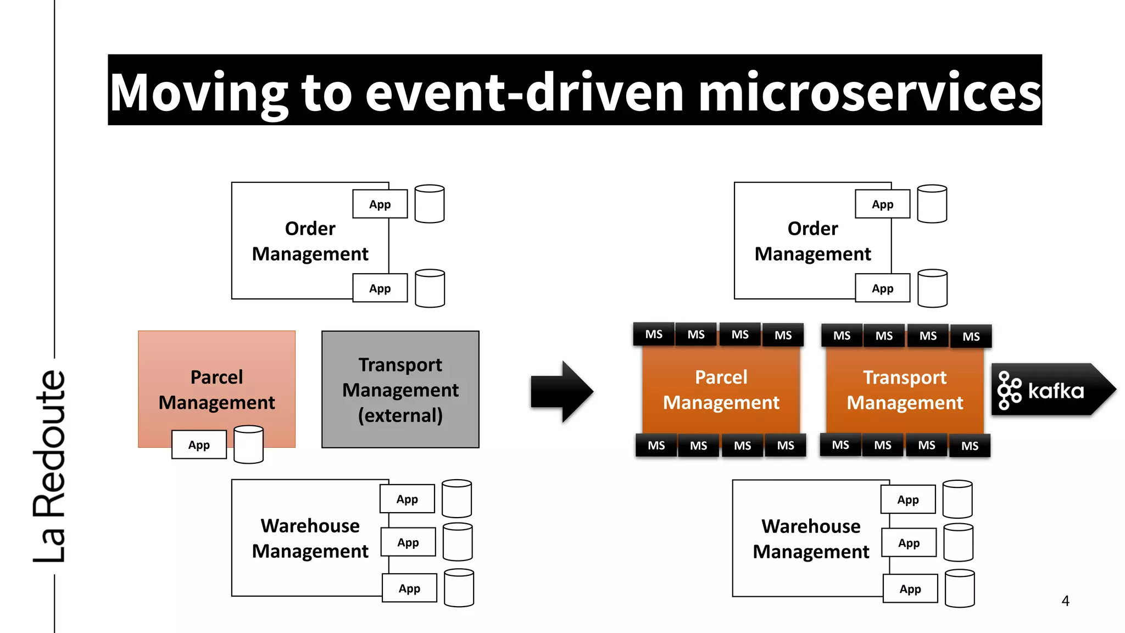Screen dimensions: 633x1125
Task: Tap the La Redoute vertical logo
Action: pos(51,466)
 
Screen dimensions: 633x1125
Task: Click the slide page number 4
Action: pos(1065,601)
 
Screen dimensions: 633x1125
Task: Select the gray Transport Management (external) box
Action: pos(400,390)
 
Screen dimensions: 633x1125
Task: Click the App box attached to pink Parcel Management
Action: pos(199,445)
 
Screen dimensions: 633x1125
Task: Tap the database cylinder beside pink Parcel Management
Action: pos(248,444)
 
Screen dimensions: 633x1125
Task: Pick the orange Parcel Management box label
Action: pos(721,390)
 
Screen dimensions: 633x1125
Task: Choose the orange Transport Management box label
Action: pos(905,390)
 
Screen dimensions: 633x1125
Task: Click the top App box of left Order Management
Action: pos(380,204)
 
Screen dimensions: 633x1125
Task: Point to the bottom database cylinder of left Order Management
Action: pos(430,288)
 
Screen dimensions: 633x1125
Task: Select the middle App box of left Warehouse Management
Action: pos(408,542)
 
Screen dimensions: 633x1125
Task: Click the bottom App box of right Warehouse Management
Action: pos(910,588)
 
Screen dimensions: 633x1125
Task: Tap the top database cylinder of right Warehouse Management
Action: pos(957,499)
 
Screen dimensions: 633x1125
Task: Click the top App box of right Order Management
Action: pos(882,204)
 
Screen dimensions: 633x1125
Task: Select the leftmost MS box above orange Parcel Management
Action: pos(654,334)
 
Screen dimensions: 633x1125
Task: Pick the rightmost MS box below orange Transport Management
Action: pos(970,446)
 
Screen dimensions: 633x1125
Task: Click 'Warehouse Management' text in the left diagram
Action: pos(310,538)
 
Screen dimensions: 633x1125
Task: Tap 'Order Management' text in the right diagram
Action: pos(812,241)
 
